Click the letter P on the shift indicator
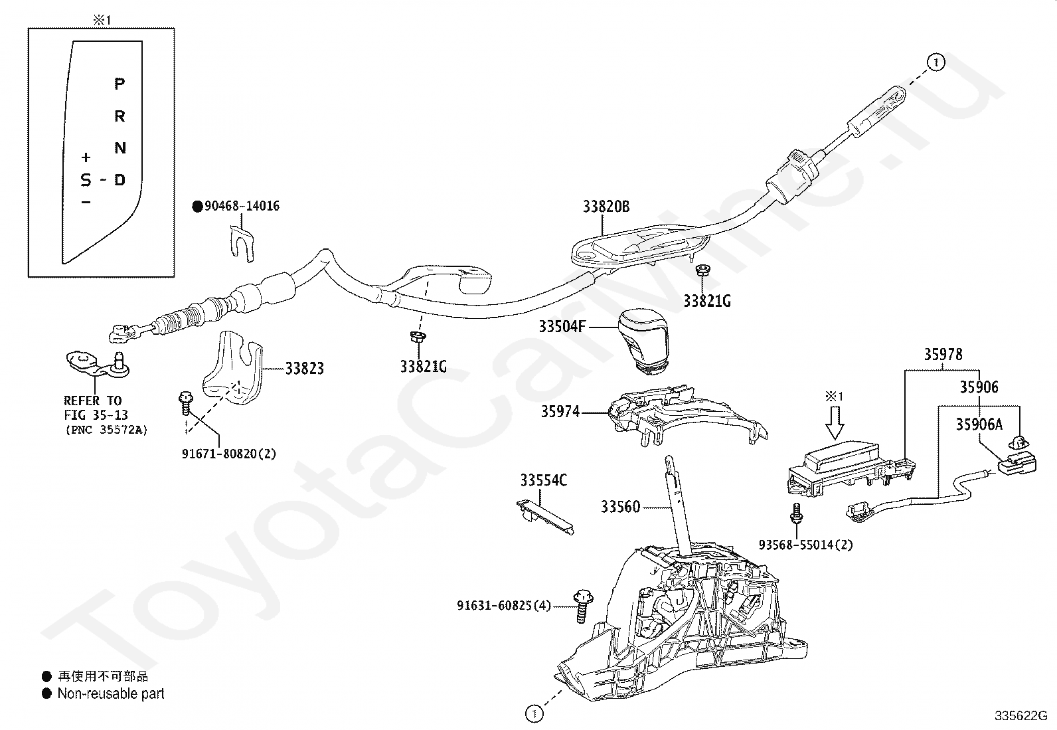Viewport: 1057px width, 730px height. pos(120,84)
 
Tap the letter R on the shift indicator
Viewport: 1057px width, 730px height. pos(120,116)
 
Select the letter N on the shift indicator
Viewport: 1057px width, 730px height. pos(120,148)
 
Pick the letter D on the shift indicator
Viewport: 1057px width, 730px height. pos(120,180)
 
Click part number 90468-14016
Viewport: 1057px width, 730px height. pos(242,207)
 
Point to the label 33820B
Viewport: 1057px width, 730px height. pos(606,207)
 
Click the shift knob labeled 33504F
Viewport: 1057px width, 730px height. pos(643,341)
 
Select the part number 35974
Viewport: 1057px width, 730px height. pos(560,412)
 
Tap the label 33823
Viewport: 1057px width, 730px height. pos(305,368)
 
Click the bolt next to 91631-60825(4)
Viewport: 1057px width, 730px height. pos(583,606)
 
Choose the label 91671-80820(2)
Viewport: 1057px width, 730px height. pos(229,454)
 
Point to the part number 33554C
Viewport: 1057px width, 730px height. pos(544,480)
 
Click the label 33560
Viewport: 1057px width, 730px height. pos(620,507)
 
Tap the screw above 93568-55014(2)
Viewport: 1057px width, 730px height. pos(797,513)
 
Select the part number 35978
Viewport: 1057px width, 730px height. pos(943,355)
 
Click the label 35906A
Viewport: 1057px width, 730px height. pos(979,424)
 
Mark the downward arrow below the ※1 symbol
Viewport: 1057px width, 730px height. pos(835,423)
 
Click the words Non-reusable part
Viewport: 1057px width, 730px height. pos(111,693)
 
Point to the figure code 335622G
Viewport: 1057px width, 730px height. pos(1020,716)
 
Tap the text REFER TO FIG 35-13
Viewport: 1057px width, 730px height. pos(96,408)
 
